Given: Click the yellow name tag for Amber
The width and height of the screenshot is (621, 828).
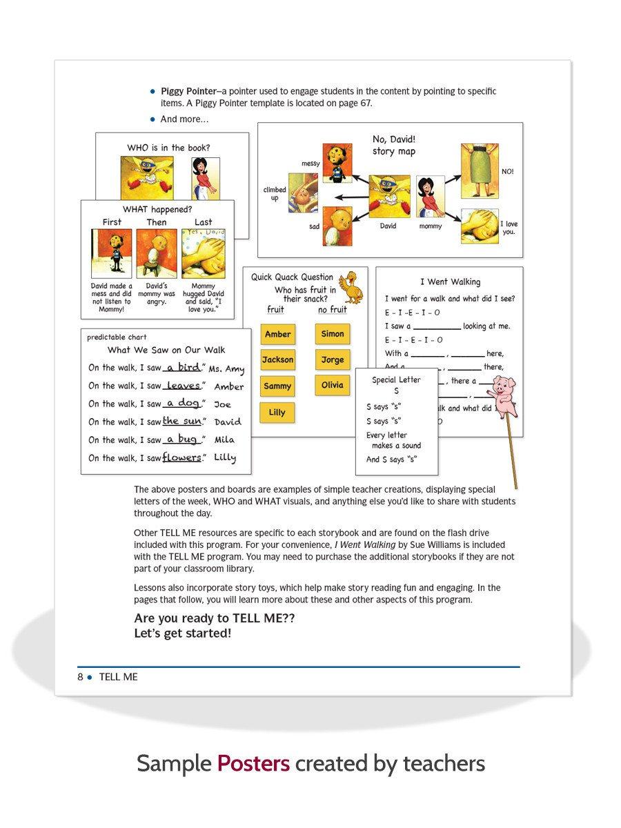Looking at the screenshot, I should [277, 334].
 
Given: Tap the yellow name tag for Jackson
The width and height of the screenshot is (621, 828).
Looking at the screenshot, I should [277, 359].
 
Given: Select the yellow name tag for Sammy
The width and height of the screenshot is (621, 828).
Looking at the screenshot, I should [277, 386].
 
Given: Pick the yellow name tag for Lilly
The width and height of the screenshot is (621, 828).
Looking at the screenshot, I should [277, 413].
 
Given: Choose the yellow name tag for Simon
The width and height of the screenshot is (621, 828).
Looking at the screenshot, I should [332, 334].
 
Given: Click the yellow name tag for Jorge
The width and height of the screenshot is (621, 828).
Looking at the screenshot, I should [332, 359].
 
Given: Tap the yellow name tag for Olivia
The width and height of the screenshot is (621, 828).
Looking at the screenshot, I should [332, 385].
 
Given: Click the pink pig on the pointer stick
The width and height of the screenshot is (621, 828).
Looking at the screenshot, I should [505, 396].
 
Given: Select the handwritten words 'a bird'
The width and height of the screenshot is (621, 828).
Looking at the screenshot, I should [183, 367].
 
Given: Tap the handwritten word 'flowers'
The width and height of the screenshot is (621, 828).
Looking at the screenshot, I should [181, 457].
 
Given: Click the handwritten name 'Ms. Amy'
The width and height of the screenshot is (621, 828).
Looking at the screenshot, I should [226, 369].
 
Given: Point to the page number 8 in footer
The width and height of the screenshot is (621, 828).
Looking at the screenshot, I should [80, 677].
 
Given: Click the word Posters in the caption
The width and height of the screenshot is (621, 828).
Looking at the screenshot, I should [253, 764].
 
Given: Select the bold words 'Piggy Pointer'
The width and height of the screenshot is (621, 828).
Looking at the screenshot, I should [188, 91].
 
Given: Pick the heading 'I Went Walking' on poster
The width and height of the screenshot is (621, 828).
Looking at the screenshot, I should [450, 282].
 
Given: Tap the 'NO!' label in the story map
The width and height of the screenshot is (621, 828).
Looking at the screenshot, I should [507, 171].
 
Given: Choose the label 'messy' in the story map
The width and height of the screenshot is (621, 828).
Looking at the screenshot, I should [310, 164].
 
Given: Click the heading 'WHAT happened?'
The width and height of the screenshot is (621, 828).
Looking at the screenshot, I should [157, 209].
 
